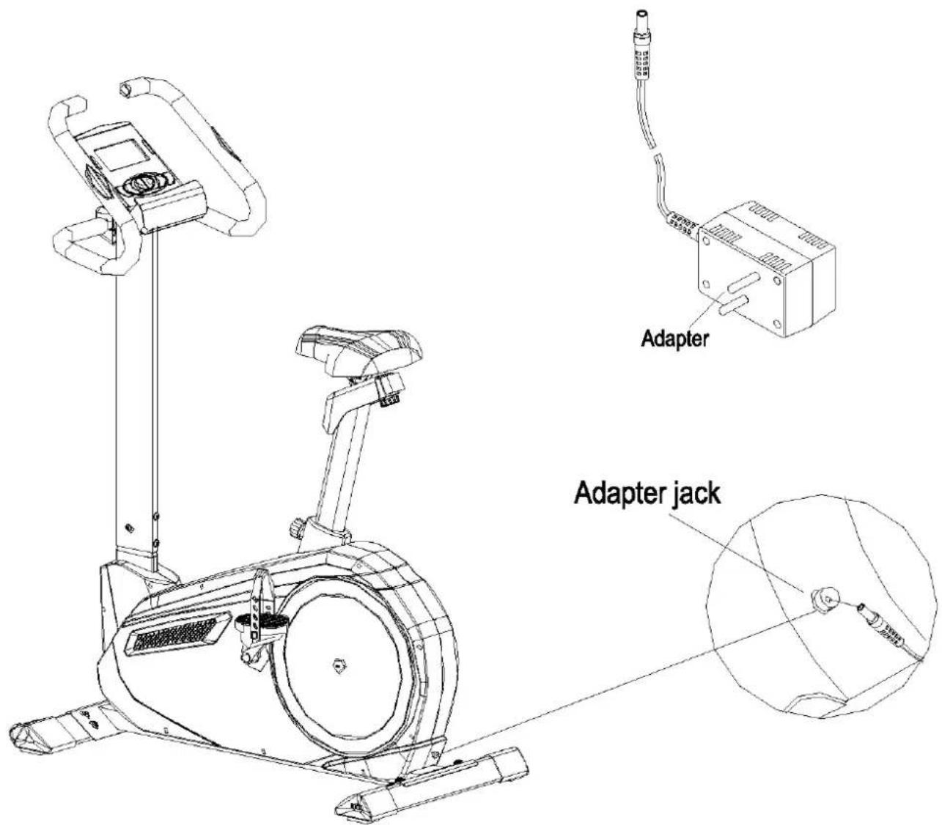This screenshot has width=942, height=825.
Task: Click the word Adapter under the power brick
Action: point(675,339)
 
